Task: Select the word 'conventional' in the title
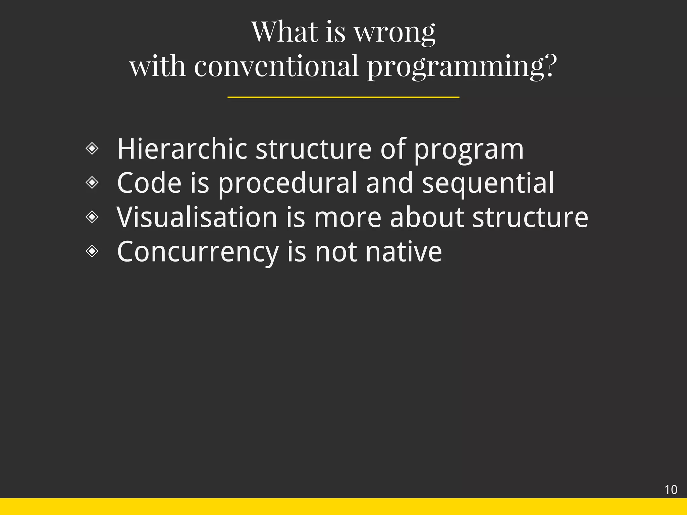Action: [x=276, y=66]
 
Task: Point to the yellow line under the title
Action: [x=343, y=97]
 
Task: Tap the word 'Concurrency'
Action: [x=198, y=252]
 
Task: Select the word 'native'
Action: [x=404, y=251]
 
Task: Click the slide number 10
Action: [x=671, y=490]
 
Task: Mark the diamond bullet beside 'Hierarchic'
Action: [x=92, y=148]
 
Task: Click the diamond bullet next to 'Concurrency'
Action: [x=92, y=251]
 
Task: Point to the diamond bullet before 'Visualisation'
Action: [x=92, y=217]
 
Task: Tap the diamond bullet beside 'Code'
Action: [x=92, y=182]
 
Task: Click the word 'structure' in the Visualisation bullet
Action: [x=530, y=217]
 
